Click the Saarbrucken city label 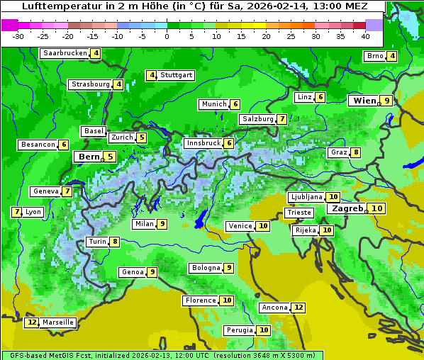coord(65,53)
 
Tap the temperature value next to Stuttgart coord(151,75)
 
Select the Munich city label coord(213,104)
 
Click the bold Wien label coord(364,101)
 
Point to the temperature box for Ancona coord(299,308)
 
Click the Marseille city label coord(58,322)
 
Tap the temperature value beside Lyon coord(16,212)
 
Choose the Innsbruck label coord(202,143)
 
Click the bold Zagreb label coord(347,208)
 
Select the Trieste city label coord(299,213)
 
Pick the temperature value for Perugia coord(264,330)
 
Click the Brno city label coord(374,56)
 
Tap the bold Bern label coord(89,157)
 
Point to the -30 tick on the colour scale coord(18,36)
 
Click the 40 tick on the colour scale coord(365,36)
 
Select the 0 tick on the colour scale coord(167,36)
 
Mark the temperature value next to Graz coord(356,152)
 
